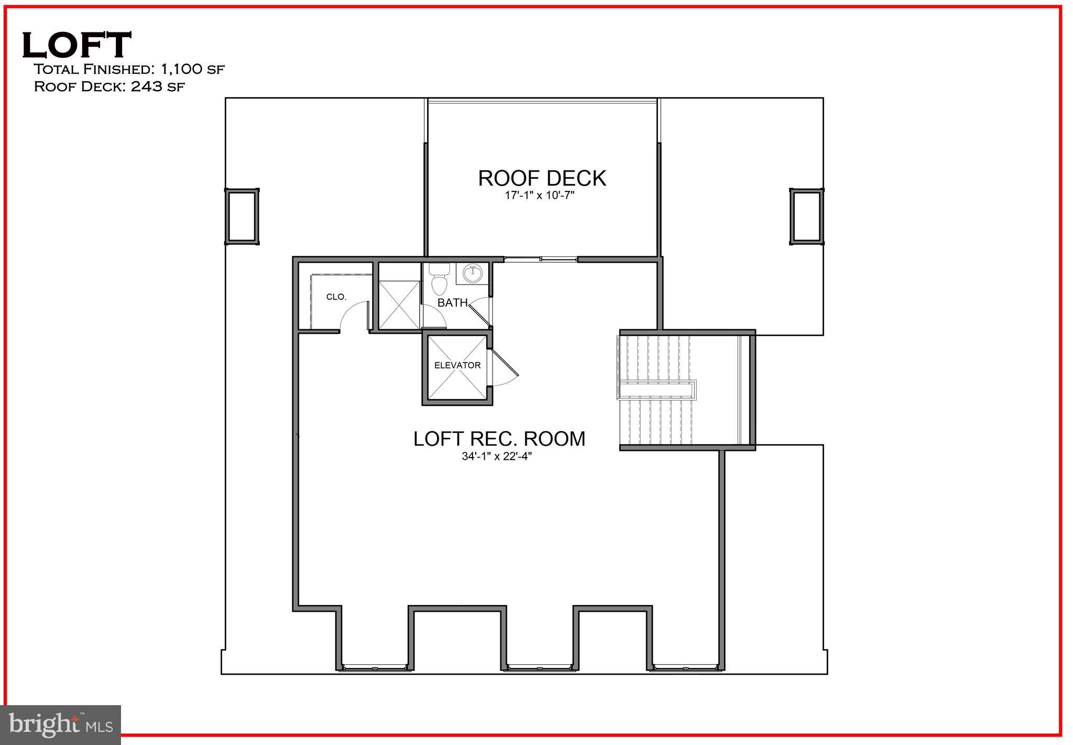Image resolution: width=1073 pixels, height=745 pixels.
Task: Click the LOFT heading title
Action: (76, 45)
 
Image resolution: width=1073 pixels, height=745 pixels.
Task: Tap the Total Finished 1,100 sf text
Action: (129, 69)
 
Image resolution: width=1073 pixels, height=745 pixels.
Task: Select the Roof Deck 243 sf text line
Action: (109, 87)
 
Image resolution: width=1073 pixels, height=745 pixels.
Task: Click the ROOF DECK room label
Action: (542, 178)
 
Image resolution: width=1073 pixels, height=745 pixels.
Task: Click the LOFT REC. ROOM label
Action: (499, 439)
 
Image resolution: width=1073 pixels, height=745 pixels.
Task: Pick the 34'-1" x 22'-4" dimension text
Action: (497, 457)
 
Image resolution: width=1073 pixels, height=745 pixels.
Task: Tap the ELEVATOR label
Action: (457, 365)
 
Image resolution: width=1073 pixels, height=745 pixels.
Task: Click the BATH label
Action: (453, 303)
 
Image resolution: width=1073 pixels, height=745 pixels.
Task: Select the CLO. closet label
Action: (336, 297)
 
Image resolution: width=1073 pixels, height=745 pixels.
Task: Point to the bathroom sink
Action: (473, 274)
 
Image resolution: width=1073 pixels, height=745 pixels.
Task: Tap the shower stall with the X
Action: (399, 305)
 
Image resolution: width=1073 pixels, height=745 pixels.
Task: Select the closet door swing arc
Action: (353, 319)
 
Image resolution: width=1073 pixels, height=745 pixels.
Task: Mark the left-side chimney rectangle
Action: (242, 217)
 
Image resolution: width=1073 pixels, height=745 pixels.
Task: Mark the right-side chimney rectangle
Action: (806, 217)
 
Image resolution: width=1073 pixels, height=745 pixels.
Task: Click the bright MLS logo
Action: (61, 725)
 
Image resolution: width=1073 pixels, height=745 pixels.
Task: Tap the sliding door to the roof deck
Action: (540, 258)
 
